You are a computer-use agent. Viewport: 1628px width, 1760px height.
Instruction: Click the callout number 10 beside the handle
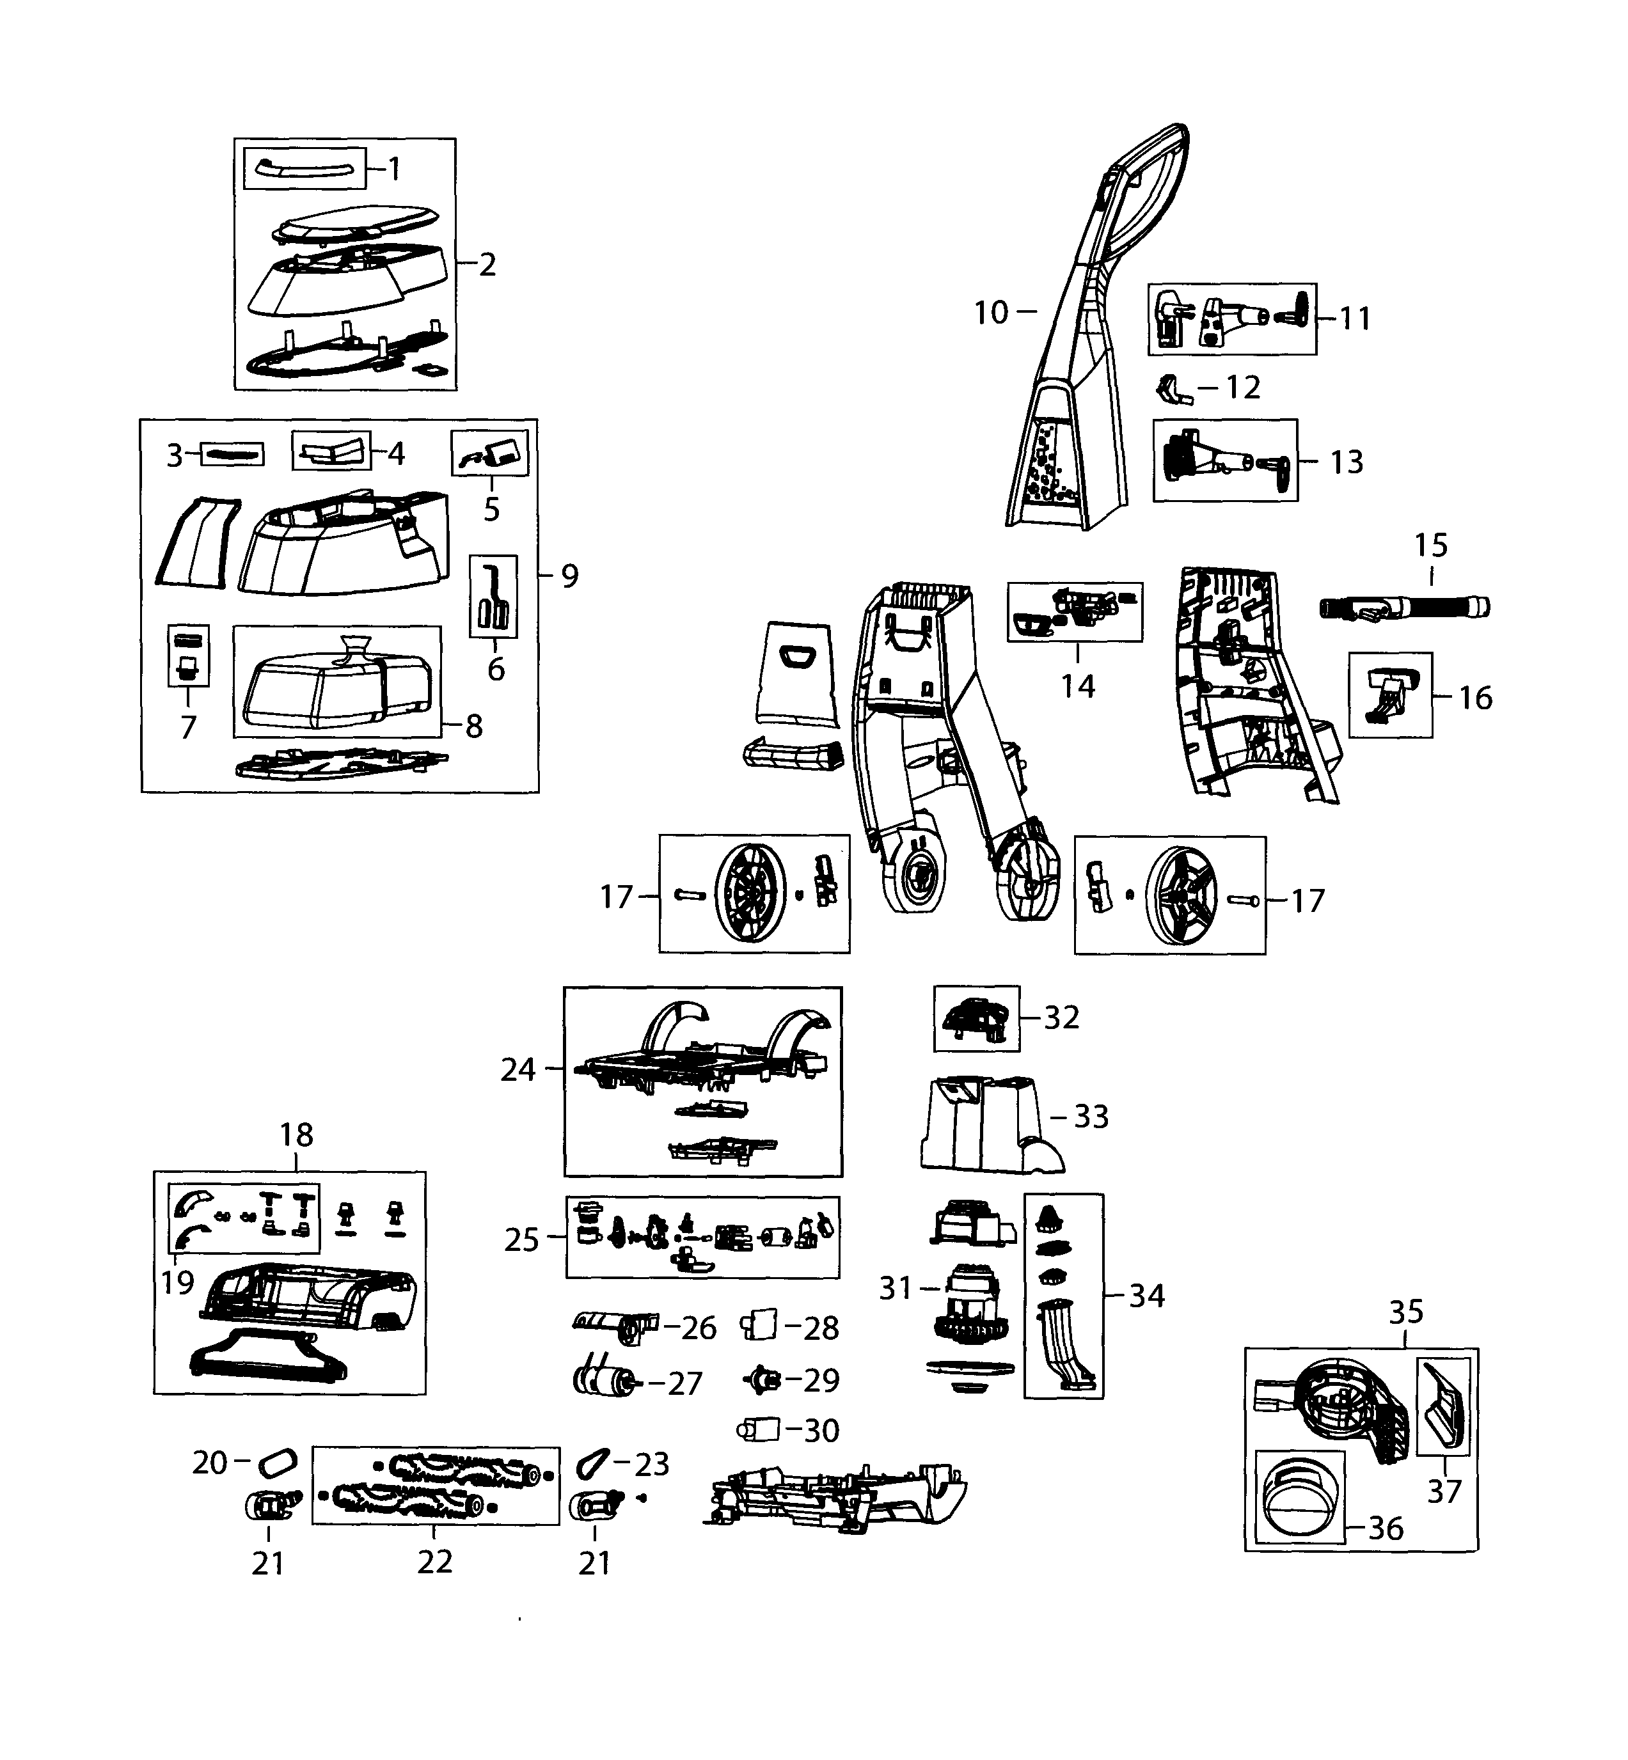(990, 313)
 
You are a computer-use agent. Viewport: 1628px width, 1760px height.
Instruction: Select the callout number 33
(1091, 1117)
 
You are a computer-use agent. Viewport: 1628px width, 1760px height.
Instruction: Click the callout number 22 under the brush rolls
(434, 1562)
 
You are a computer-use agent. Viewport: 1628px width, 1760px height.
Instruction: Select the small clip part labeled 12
(1172, 388)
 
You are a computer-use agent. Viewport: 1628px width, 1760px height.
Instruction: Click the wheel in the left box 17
(750, 894)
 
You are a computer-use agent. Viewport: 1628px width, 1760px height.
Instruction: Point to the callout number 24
(518, 1069)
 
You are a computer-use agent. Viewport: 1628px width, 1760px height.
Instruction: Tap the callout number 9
(570, 576)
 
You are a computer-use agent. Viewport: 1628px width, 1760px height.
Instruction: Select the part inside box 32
(976, 1019)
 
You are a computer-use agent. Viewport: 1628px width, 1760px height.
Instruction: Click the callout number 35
(1405, 1312)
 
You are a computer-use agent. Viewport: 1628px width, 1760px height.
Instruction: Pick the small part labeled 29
(763, 1379)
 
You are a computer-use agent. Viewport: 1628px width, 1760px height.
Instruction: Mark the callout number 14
(1077, 686)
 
